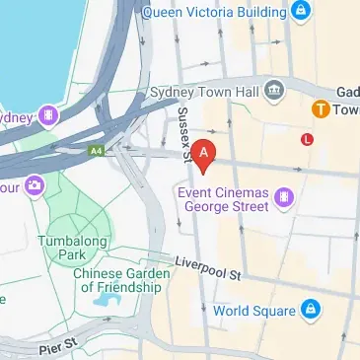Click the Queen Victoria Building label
[x=215, y=12]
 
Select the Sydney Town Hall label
[x=204, y=91]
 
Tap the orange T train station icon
[x=321, y=108]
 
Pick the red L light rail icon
[x=308, y=140]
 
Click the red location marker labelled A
[x=203, y=154]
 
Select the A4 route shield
[x=96, y=151]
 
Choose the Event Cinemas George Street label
[x=223, y=201]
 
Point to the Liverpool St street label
[x=209, y=265]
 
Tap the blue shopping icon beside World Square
[x=309, y=310]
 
